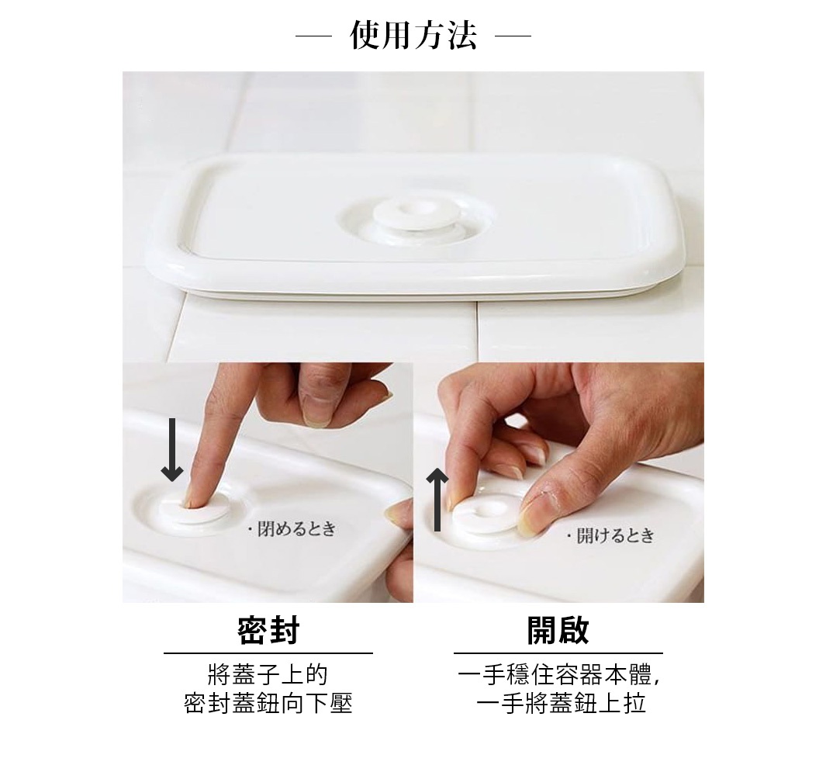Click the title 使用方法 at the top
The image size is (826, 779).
(413, 36)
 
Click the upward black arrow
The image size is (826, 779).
(437, 500)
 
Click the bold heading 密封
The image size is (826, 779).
(268, 631)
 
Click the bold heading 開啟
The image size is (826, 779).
(558, 631)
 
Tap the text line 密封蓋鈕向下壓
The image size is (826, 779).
(268, 704)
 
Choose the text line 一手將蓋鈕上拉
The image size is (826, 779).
(561, 704)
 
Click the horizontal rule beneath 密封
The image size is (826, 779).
(268, 653)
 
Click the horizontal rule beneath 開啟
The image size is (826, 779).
(558, 653)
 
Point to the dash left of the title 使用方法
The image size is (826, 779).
(313, 36)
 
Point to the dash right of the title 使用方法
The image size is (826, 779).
(513, 36)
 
